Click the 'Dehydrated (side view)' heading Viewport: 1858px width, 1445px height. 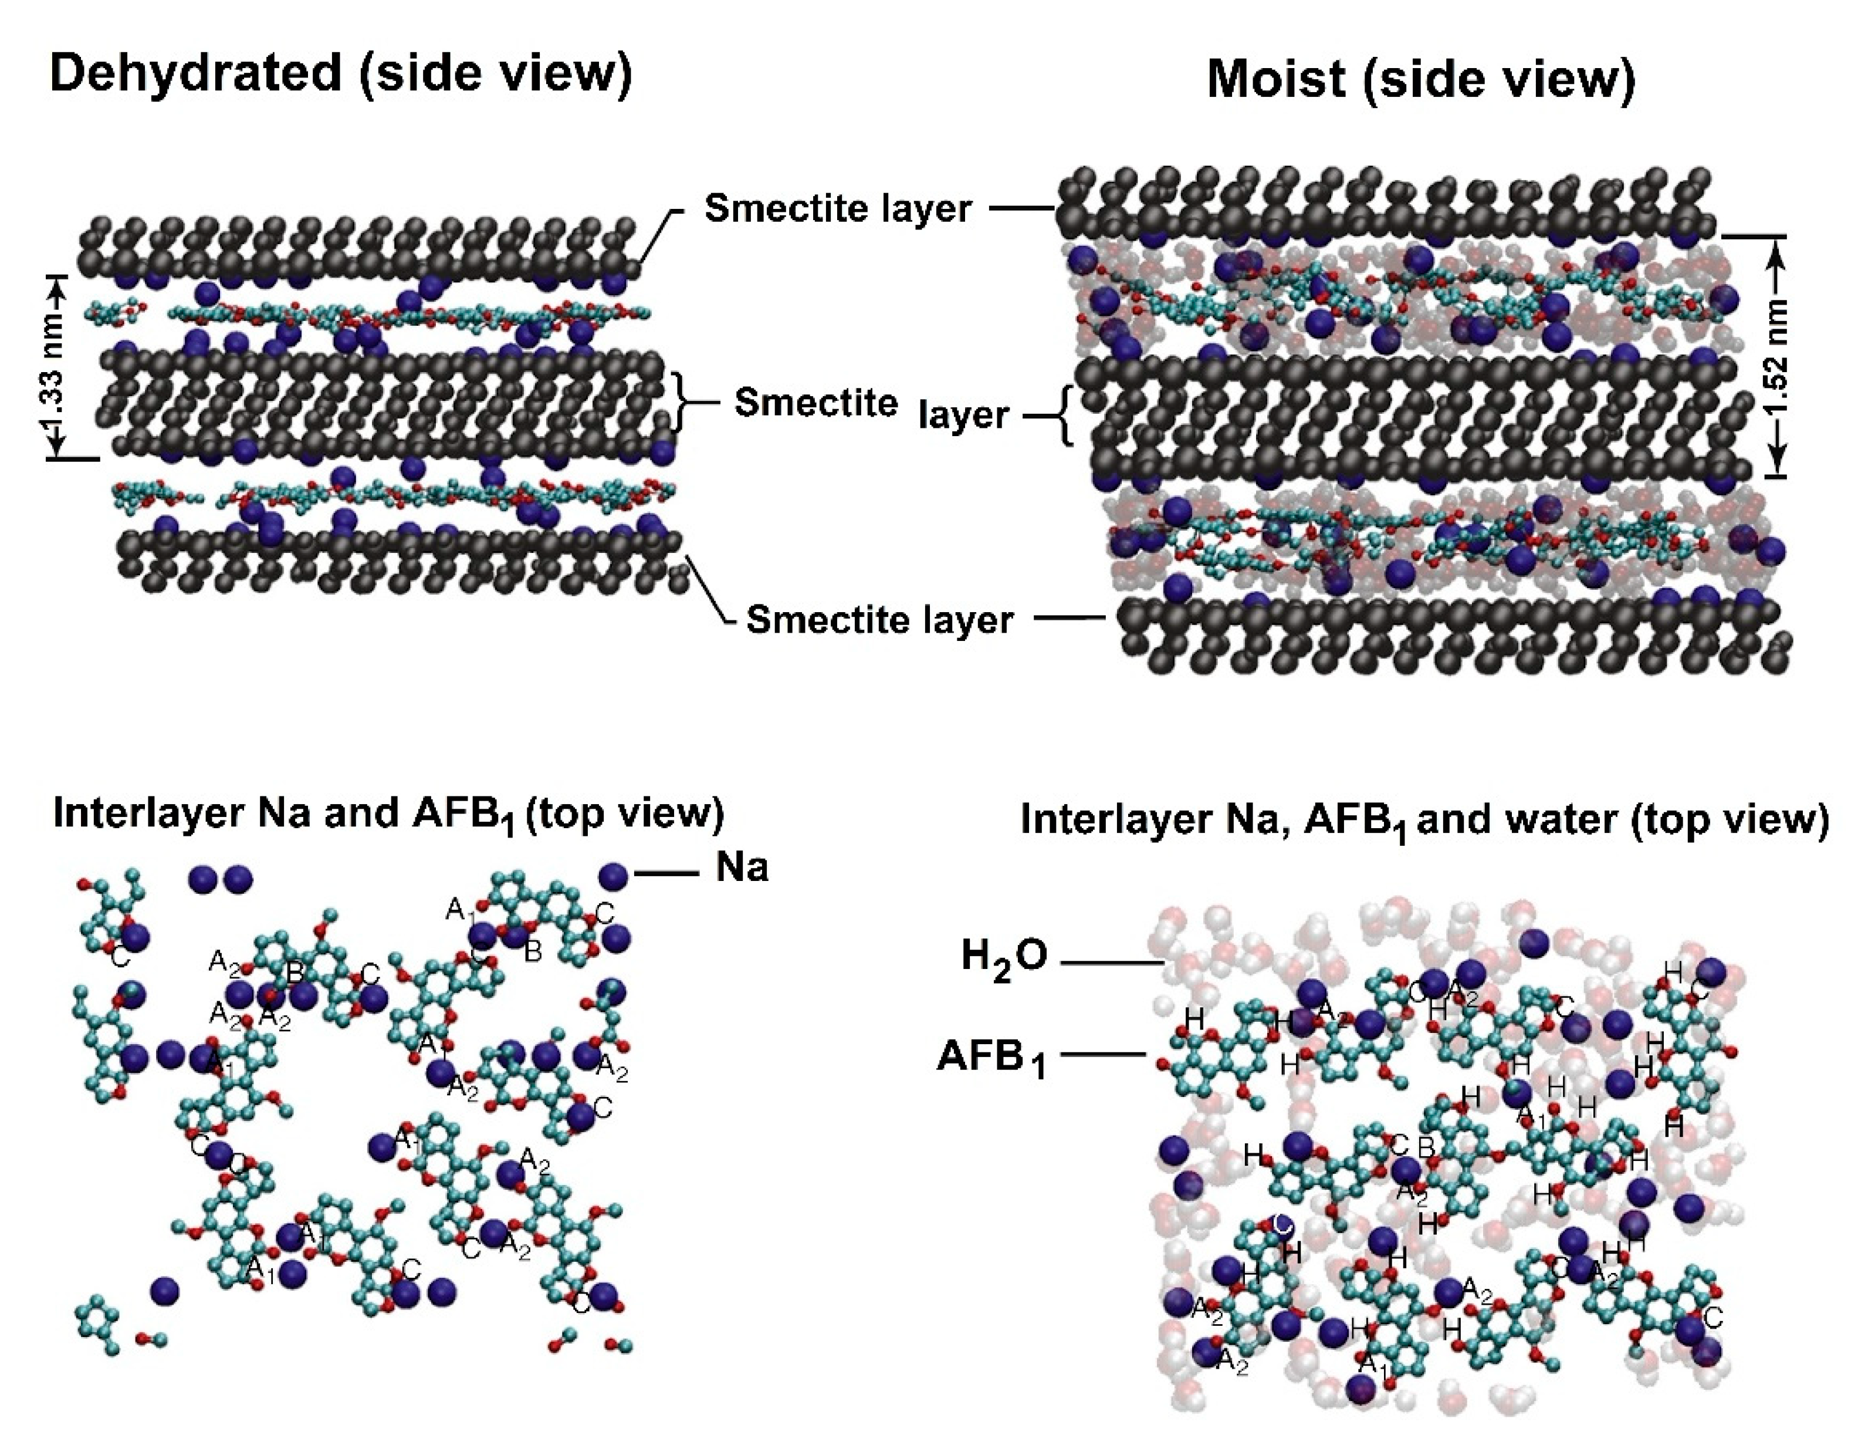tap(340, 73)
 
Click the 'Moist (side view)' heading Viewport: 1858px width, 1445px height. tap(1421, 80)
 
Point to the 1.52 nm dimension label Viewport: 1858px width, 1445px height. tap(1778, 357)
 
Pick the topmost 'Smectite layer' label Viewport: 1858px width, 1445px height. tap(837, 208)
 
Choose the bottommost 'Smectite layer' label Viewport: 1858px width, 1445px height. tap(879, 620)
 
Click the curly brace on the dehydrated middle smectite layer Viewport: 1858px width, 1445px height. tap(682, 401)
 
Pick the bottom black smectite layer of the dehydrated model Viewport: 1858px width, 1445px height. tap(400, 562)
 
